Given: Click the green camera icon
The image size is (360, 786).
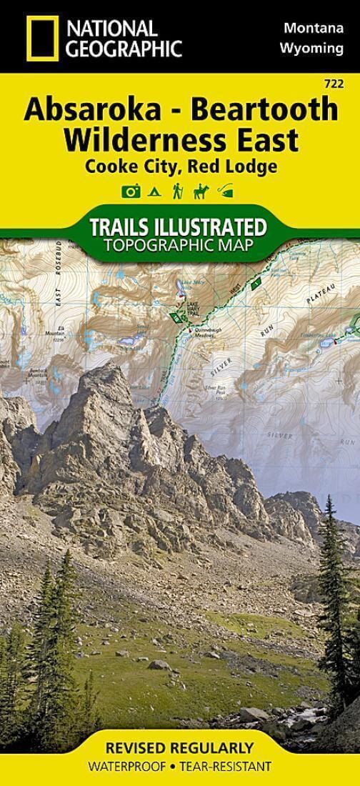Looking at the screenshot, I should (x=130, y=191).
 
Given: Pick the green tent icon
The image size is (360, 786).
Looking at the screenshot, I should (x=154, y=191).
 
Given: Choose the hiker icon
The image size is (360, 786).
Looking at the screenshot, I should (x=176, y=191).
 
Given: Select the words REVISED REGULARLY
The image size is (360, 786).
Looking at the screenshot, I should (x=179, y=749).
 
